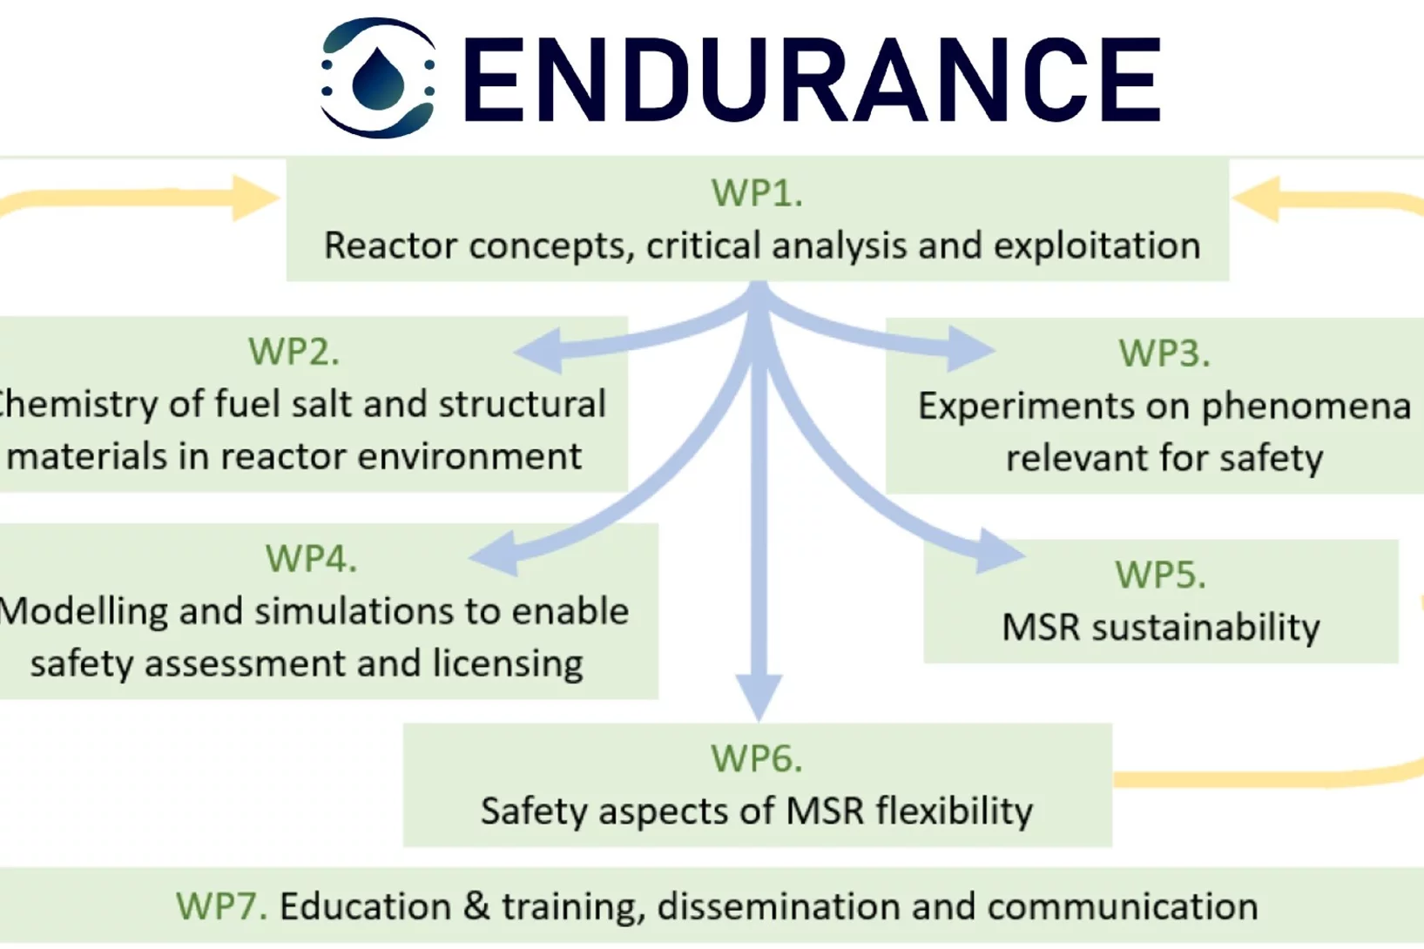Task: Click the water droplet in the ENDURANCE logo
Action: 378,78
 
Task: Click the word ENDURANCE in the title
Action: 812,80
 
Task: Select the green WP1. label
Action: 756,193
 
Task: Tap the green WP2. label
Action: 294,352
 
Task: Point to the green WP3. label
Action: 1164,353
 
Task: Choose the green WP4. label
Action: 311,559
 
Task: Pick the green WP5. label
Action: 1160,575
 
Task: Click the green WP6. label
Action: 756,759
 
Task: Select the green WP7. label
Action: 221,907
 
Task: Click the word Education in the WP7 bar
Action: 365,907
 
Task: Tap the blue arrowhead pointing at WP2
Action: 538,352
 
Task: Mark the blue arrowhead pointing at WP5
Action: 999,550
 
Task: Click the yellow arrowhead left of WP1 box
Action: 255,199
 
